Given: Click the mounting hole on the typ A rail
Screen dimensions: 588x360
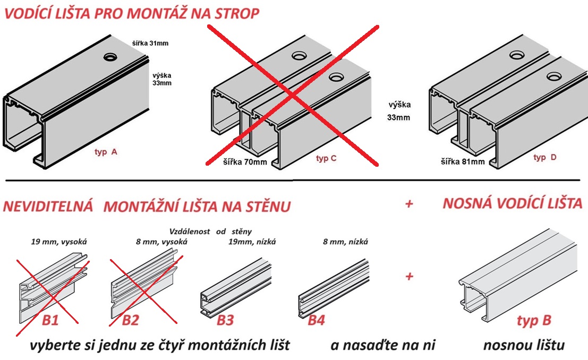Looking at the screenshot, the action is tap(110, 57).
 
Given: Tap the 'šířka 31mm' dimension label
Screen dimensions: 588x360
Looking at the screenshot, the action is tap(150, 43).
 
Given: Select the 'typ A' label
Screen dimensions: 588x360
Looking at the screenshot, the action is tap(106, 152).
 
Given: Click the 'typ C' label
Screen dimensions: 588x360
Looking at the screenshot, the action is tap(326, 158).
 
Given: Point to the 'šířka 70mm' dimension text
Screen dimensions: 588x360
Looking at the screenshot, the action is tap(245, 162).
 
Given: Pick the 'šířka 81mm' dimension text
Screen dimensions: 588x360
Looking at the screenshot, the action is tap(463, 161).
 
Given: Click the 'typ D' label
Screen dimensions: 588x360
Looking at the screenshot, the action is tap(545, 158).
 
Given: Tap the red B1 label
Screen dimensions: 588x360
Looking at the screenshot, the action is tap(50, 320).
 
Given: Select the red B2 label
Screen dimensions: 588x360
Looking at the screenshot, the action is tap(130, 320).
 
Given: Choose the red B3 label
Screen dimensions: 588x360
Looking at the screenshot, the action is tap(225, 320).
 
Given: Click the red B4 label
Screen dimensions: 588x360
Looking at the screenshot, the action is tap(316, 320).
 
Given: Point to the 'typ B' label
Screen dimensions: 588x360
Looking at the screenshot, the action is tap(534, 321).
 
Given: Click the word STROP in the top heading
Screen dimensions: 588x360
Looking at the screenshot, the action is tap(237, 13).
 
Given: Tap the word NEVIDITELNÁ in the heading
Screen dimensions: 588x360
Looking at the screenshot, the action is tap(48, 206).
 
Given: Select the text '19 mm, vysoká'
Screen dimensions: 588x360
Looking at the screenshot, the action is tap(59, 242).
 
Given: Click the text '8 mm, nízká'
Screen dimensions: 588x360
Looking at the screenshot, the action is tap(345, 242).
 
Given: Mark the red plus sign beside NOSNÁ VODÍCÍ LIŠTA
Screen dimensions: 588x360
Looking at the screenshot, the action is tap(409, 203).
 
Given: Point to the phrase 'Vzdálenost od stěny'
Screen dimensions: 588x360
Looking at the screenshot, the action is tap(210, 232).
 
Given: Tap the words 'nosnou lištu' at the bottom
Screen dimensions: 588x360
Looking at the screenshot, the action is tap(524, 345).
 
